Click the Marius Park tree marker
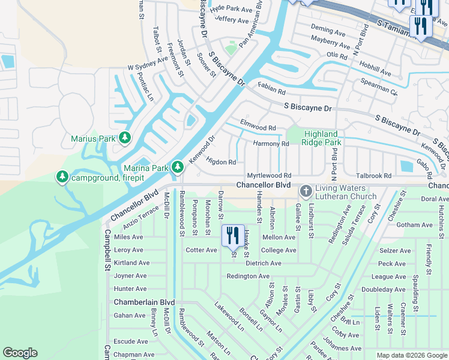click(125, 138)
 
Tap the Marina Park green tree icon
click(177, 167)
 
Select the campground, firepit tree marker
click(62, 177)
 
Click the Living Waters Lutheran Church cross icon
click(306, 191)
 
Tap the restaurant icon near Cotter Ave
click(233, 235)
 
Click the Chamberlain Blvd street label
click(144, 302)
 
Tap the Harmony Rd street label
click(271, 144)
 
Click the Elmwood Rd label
click(258, 128)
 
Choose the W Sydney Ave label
click(147, 68)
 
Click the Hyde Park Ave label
click(231, 9)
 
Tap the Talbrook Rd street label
click(373, 176)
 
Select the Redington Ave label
click(248, 276)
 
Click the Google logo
click(20, 353)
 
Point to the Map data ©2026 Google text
click(411, 355)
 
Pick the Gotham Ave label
click(414, 225)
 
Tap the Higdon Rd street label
click(220, 161)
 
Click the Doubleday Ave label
click(384, 289)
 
